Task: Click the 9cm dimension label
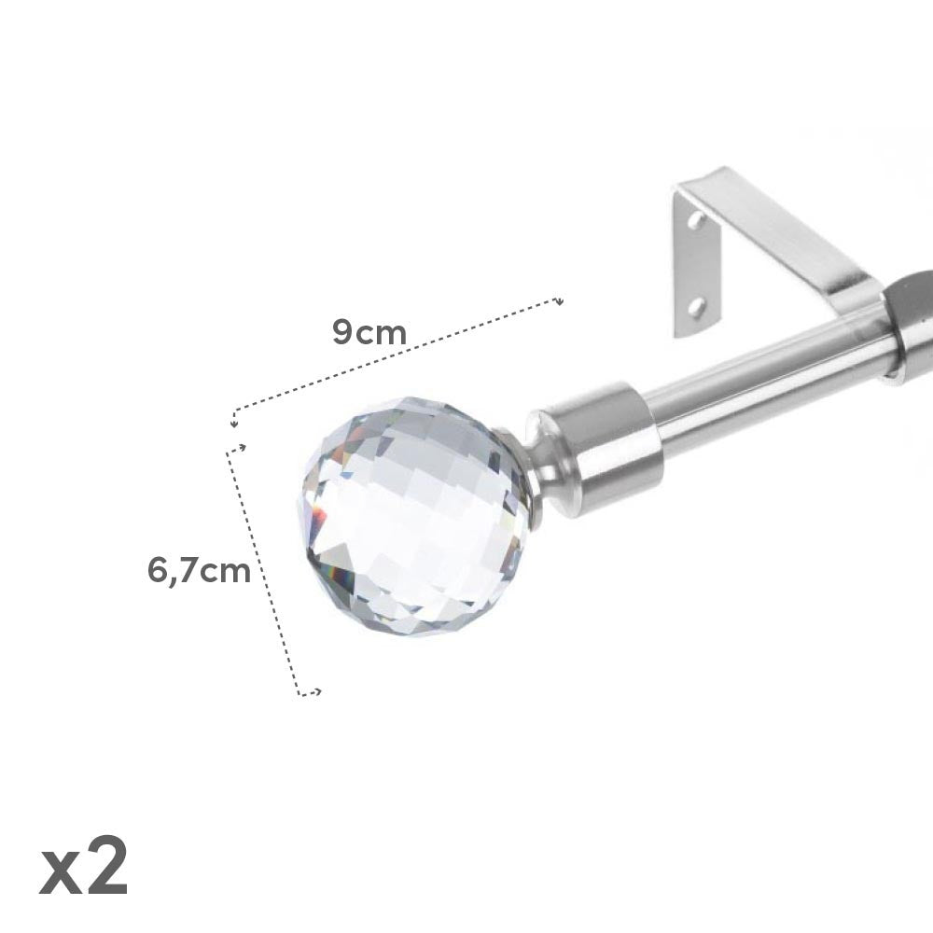369,332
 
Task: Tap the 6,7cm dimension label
199,571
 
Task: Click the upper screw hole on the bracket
695,221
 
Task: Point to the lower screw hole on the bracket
695,307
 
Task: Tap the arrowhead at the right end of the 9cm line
558,301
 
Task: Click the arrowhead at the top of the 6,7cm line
241,448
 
